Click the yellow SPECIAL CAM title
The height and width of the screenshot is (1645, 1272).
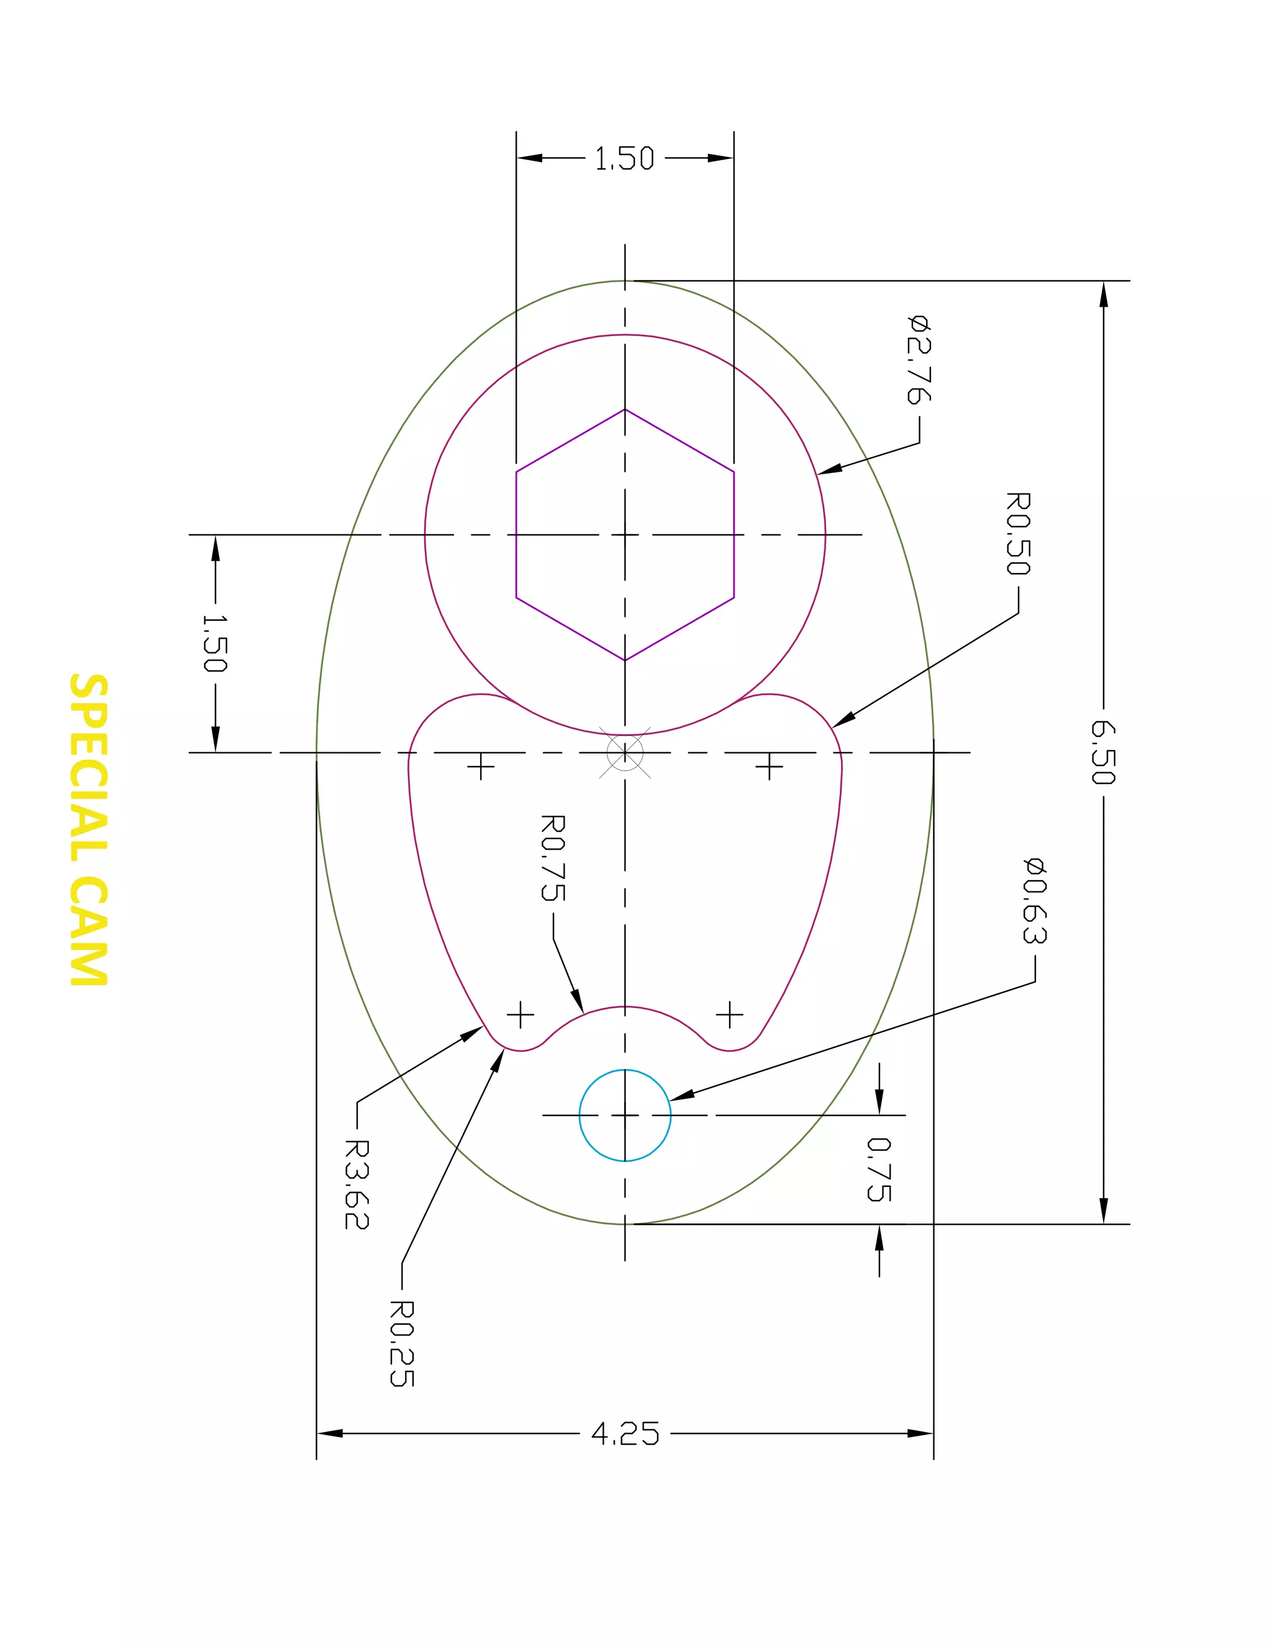89,829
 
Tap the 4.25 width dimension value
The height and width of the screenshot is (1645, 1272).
625,1433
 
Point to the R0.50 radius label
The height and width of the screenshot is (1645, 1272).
1018,533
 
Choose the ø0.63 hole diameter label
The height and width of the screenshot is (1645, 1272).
1035,899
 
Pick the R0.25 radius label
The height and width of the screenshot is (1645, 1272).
402,1343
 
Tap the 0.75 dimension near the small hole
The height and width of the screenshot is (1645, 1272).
879,1169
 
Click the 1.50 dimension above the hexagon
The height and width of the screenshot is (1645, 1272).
625,159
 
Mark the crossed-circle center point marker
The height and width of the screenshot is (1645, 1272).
625,752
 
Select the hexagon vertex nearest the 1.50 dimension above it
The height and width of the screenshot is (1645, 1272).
625,409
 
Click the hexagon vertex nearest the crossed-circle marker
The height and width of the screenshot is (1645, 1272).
625,660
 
